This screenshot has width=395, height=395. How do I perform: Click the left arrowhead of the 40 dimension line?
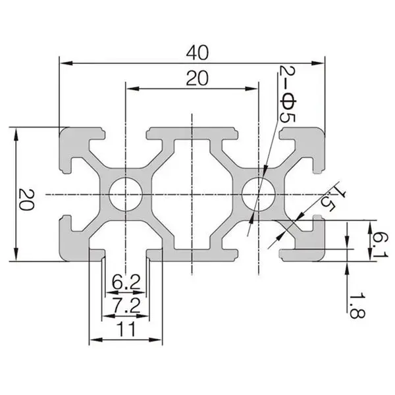[64, 63]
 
